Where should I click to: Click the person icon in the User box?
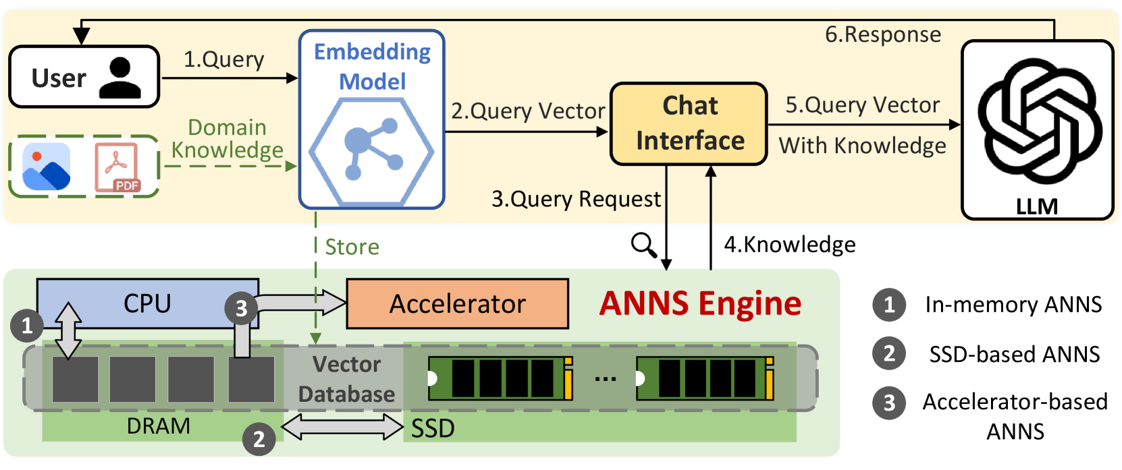pyautogui.click(x=120, y=78)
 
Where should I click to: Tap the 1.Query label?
pyautogui.click(x=223, y=59)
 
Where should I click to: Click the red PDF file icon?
pyautogui.click(x=117, y=167)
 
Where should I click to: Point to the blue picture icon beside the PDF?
pyautogui.click(x=46, y=167)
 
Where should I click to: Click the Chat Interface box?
pyautogui.click(x=689, y=123)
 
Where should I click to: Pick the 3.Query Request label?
pyautogui.click(x=576, y=199)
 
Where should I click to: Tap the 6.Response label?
pyautogui.click(x=882, y=34)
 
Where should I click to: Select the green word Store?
pyautogui.click(x=352, y=247)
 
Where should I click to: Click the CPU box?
pyautogui.click(x=147, y=303)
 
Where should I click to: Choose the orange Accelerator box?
pyautogui.click(x=457, y=304)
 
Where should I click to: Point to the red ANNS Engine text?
pyautogui.click(x=700, y=303)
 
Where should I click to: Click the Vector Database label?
pyautogui.click(x=347, y=379)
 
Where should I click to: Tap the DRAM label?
pyautogui.click(x=159, y=426)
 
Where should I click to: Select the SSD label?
pyautogui.click(x=433, y=428)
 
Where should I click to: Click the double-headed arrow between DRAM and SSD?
pyautogui.click(x=342, y=427)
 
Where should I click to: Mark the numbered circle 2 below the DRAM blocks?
pyautogui.click(x=259, y=440)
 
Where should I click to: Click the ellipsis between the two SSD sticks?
pyautogui.click(x=605, y=379)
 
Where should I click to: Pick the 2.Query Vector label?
pyautogui.click(x=527, y=111)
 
